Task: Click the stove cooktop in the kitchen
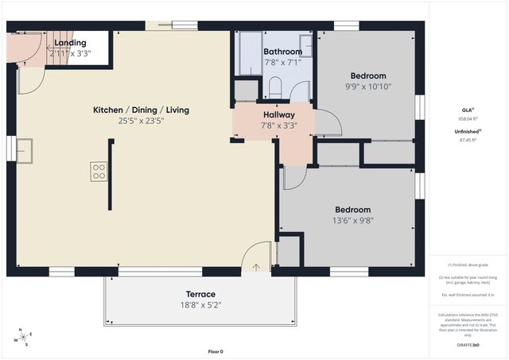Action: (99, 172)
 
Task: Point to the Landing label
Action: (70, 43)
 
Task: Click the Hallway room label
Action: (279, 114)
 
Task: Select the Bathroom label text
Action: (282, 52)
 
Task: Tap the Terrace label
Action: (200, 294)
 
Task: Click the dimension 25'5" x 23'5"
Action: (141, 122)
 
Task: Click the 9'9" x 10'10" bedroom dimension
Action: (368, 87)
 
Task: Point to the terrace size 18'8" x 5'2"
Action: (200, 304)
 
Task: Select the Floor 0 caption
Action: (216, 351)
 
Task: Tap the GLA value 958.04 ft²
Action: (467, 119)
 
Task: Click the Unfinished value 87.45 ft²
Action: (467, 141)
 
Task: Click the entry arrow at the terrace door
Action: (255, 267)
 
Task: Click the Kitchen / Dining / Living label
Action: (141, 110)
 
